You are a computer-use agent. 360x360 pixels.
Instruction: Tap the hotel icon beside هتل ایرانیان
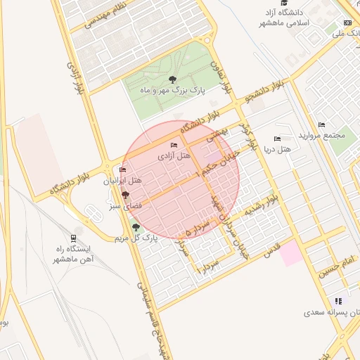point(123,170)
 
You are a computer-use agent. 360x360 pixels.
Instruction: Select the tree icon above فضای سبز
point(125,194)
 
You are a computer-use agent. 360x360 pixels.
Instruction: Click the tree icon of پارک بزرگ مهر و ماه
point(173,79)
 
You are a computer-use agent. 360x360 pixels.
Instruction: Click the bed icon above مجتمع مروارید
point(321,125)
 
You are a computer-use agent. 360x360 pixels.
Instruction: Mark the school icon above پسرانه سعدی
point(339,300)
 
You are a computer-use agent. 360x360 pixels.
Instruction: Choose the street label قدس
point(271,247)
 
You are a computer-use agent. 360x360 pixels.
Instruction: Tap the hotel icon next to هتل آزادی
point(174,146)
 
